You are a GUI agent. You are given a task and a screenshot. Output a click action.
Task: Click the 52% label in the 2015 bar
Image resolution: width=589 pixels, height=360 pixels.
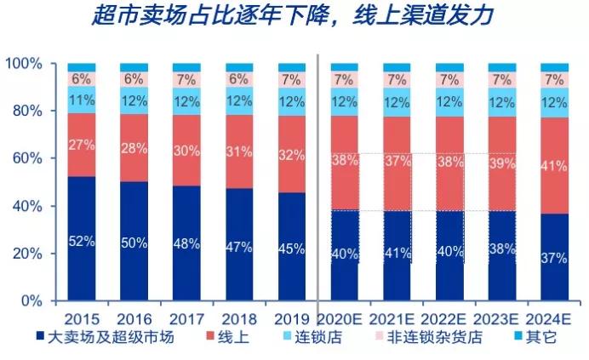pos(82,241)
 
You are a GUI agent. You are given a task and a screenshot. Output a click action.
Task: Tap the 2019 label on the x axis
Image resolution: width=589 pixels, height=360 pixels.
pos(292,317)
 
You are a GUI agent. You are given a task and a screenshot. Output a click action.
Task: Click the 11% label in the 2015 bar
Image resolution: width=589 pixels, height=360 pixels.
pos(82,100)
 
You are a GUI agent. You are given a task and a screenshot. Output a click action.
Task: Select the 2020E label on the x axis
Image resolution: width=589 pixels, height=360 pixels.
pos(344,317)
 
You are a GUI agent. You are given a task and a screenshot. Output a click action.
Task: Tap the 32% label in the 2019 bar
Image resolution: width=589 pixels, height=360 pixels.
pos(292,156)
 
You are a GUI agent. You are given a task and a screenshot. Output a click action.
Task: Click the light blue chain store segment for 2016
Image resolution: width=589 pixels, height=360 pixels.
pos(134,100)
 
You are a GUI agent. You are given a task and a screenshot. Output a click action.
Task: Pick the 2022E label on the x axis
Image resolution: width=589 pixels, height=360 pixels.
pos(449,317)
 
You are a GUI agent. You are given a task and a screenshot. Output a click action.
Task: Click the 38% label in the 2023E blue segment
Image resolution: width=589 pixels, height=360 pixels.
pos(501,251)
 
